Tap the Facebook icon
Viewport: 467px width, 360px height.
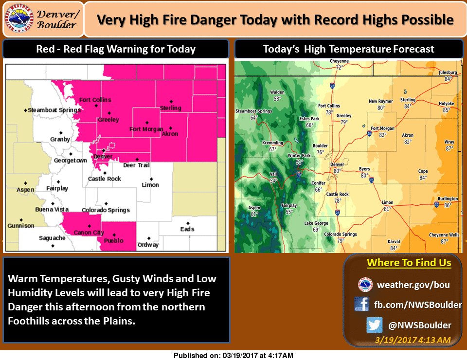point(361,305)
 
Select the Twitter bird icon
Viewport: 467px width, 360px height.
point(374,325)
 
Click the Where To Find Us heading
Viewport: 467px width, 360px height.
point(409,263)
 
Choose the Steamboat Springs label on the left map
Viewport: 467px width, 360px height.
point(54,110)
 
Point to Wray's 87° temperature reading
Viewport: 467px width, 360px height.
point(449,148)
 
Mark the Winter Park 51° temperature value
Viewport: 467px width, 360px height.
point(299,162)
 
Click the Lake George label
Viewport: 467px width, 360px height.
point(316,223)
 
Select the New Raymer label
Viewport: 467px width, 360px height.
point(380,102)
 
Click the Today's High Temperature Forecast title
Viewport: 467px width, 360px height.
point(348,49)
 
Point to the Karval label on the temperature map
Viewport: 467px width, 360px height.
point(394,242)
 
